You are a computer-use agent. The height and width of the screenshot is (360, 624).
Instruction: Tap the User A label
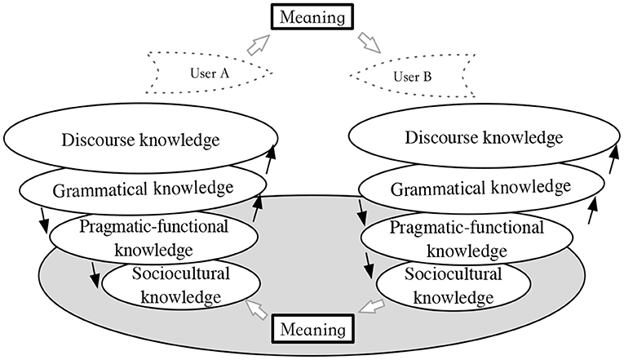coord(210,73)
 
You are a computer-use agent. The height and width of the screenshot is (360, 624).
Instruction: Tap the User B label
coord(412,76)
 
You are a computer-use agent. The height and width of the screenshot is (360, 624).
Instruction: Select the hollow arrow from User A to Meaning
coord(259,45)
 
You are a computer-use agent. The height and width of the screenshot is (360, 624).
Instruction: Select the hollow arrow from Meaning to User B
coord(370,43)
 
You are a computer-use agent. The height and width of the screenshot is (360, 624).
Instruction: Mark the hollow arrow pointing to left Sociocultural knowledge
coord(256,309)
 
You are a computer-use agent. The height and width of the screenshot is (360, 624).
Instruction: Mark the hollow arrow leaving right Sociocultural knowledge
coord(372,307)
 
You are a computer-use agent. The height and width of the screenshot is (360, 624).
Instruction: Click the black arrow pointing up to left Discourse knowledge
coord(271,159)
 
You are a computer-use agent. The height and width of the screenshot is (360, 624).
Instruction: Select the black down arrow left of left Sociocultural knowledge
coord(95,274)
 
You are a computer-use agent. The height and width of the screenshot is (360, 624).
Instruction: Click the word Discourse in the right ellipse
coord(441,137)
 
